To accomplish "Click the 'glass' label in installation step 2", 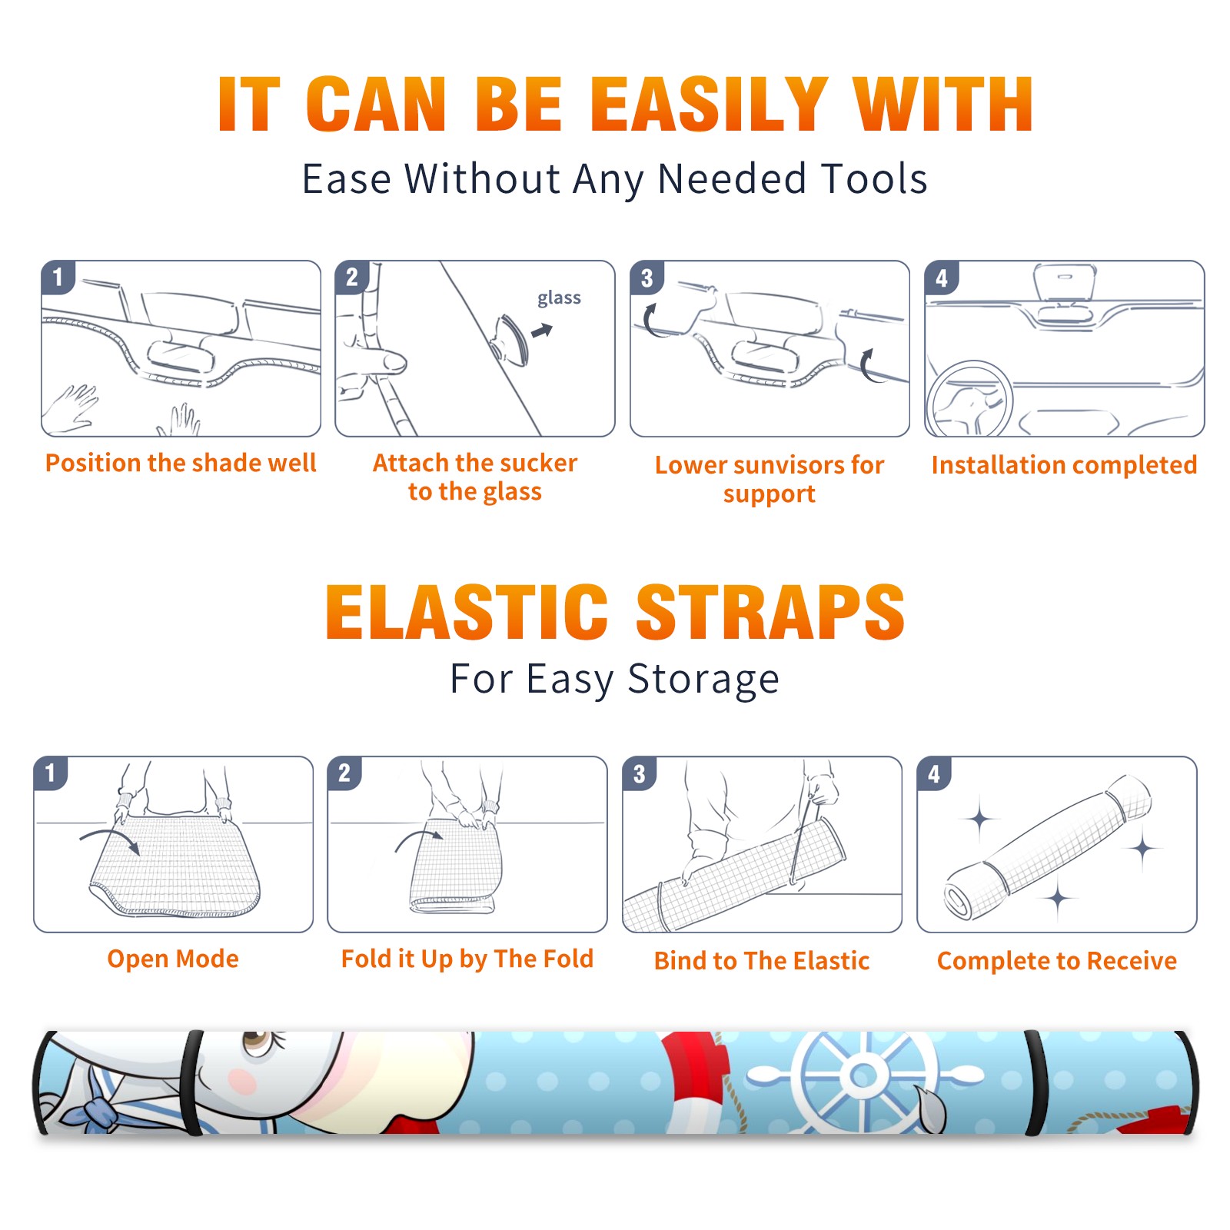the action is click(559, 298).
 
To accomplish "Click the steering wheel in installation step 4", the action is click(969, 399).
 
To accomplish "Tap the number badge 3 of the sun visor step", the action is click(647, 278).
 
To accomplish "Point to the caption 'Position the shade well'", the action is click(181, 463).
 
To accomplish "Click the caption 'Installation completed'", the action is click(1064, 465).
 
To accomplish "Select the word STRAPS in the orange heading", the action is click(770, 612).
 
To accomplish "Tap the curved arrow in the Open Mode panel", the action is click(110, 839).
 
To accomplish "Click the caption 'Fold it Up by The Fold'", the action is click(467, 959).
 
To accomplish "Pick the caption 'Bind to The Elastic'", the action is click(762, 961).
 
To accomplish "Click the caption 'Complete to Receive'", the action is click(1057, 961).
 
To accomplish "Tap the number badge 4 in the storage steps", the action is click(934, 773).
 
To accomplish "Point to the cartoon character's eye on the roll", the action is click(256, 1043).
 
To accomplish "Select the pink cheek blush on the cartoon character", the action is click(244, 1082).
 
